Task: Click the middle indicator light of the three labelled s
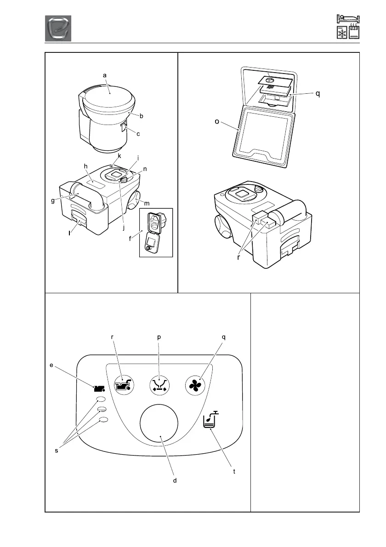pyautogui.click(x=102, y=409)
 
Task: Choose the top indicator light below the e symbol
pyautogui.click(x=102, y=399)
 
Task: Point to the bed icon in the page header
pyautogui.click(x=348, y=19)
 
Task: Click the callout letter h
pyautogui.click(x=85, y=167)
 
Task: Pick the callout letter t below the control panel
pyautogui.click(x=234, y=472)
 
